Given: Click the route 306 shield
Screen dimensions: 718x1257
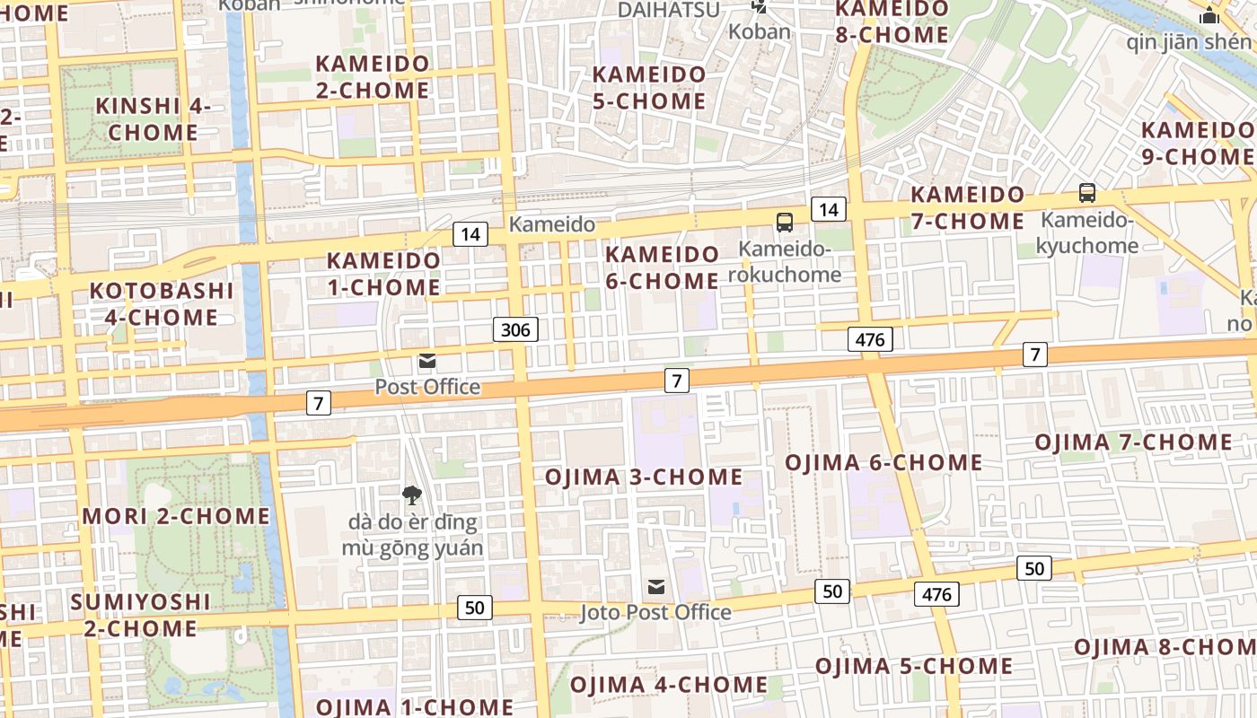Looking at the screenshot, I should tap(515, 329).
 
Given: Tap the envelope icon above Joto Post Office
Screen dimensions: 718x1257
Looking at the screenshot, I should tap(656, 587).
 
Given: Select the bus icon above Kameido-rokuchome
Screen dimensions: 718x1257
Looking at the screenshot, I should tap(785, 222).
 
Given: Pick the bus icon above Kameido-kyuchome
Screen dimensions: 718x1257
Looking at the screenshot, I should tap(1087, 192).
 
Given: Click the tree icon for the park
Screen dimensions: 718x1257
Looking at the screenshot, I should tap(412, 495).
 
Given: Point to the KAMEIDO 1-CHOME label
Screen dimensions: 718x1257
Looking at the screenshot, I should tap(383, 274).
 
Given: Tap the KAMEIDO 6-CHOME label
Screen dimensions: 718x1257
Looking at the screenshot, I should tap(662, 267).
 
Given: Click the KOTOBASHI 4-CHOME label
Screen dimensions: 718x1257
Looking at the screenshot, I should tap(154, 304).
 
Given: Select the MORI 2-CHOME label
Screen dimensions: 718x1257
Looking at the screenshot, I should tap(176, 516).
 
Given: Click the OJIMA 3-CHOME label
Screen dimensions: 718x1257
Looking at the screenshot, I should tap(644, 477).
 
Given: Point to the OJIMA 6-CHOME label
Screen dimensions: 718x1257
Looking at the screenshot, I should tap(883, 462).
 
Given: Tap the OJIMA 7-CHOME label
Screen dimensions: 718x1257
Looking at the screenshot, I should tap(1134, 442).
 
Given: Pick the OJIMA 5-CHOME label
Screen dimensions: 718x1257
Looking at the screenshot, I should tap(914, 666).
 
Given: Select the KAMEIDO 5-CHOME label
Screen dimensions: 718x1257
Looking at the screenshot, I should tap(649, 87).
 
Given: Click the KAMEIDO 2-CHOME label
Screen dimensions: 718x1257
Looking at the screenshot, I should tap(373, 77).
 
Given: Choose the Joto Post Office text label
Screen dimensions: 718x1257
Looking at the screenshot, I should tap(655, 612).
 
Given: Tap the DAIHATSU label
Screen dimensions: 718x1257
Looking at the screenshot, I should tap(669, 10).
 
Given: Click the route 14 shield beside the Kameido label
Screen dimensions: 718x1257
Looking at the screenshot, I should tap(470, 235).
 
